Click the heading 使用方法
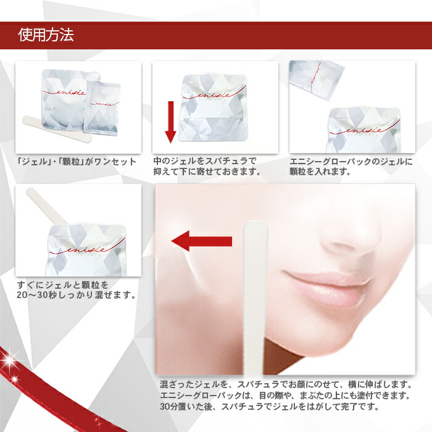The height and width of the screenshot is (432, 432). tap(46, 35)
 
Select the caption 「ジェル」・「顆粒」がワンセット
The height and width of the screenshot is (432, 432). tap(77, 162)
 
